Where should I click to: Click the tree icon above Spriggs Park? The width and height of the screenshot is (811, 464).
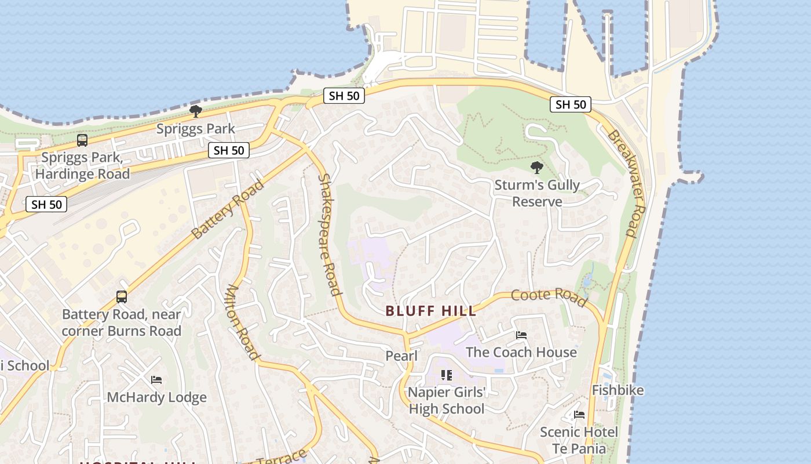click(196, 111)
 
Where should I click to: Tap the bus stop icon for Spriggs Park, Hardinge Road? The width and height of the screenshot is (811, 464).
click(82, 140)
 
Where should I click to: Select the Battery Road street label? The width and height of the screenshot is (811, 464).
click(228, 209)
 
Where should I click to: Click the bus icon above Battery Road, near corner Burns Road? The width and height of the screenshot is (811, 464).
click(122, 297)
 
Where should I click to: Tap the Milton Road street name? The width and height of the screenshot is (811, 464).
click(242, 322)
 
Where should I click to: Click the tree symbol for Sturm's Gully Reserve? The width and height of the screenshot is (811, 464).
click(537, 168)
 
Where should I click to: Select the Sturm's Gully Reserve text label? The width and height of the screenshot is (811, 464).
click(537, 193)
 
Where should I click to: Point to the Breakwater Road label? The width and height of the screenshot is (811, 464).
click(626, 183)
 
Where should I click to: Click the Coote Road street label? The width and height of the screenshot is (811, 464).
click(548, 295)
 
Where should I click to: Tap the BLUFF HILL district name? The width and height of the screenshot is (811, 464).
click(431, 311)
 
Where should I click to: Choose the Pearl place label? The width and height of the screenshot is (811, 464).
click(401, 356)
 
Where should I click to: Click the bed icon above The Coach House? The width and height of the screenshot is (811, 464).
click(521, 335)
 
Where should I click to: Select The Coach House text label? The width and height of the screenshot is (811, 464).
click(521, 352)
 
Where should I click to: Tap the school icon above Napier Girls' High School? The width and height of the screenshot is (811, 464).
click(446, 375)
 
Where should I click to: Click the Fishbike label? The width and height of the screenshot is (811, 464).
click(618, 390)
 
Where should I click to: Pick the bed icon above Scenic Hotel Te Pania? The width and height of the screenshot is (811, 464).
click(579, 415)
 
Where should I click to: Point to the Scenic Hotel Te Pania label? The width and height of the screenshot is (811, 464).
click(579, 440)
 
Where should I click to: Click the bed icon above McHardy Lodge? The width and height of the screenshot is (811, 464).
click(156, 380)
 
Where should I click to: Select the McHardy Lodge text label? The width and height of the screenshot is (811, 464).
click(156, 397)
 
